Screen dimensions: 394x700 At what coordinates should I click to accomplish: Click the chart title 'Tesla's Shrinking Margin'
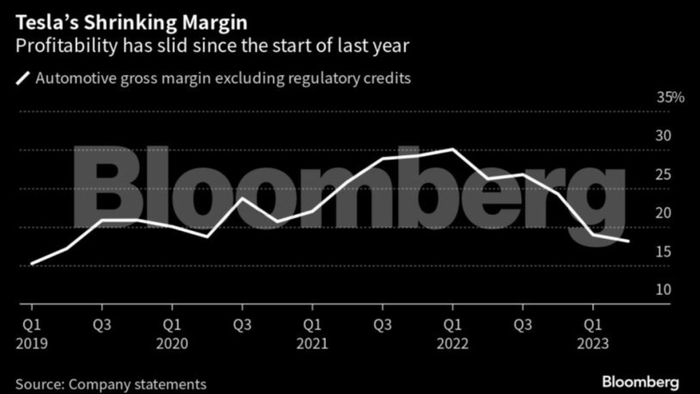pyautogui.click(x=131, y=23)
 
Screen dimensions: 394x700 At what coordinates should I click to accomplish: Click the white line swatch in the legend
pyautogui.click(x=23, y=78)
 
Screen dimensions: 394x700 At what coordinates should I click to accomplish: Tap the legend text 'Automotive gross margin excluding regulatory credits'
pyautogui.click(x=223, y=78)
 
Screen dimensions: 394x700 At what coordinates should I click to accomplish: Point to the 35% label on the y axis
pyautogui.click(x=671, y=98)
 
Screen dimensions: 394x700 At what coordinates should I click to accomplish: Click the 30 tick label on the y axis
pyautogui.click(x=664, y=136)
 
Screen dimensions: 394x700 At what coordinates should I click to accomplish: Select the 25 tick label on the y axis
pyautogui.click(x=664, y=174)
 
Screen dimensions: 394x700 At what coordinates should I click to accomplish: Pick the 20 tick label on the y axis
pyautogui.click(x=664, y=213)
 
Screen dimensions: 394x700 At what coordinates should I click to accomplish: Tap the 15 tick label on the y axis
pyautogui.click(x=664, y=252)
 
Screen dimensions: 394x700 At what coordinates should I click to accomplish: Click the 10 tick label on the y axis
pyautogui.click(x=664, y=290)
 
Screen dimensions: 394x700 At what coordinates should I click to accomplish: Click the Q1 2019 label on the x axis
pyautogui.click(x=32, y=332)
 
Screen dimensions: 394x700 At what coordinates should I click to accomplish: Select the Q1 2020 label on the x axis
pyautogui.click(x=172, y=332)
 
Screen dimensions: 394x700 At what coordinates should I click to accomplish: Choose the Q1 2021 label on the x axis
pyautogui.click(x=312, y=332)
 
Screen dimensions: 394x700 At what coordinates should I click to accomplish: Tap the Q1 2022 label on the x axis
pyautogui.click(x=452, y=332)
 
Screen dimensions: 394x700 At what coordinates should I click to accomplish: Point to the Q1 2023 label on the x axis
pyautogui.click(x=592, y=332)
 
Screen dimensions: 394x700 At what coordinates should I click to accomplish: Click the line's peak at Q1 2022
pyautogui.click(x=452, y=149)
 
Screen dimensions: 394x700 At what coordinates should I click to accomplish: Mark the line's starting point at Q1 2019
pyautogui.click(x=32, y=263)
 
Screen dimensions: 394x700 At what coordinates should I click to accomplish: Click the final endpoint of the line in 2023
pyautogui.click(x=628, y=241)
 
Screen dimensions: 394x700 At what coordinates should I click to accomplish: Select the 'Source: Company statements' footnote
pyautogui.click(x=111, y=384)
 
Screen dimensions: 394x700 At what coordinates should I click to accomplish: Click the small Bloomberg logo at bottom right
pyautogui.click(x=640, y=380)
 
